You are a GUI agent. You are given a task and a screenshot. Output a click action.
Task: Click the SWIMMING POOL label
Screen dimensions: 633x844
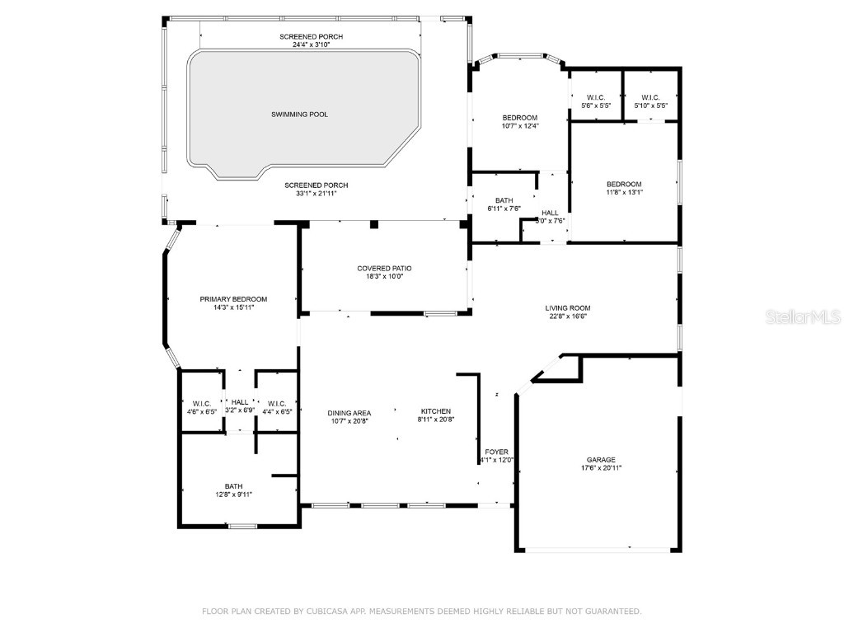tap(299, 114)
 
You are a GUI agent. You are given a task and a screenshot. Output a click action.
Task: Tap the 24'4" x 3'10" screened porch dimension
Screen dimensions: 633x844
tap(311, 45)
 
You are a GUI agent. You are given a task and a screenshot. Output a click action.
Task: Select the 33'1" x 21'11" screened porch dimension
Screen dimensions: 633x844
tap(316, 193)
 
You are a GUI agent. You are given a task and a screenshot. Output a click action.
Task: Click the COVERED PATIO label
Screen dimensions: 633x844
tap(384, 268)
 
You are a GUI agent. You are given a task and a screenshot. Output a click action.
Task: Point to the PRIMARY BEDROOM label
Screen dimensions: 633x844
tap(233, 298)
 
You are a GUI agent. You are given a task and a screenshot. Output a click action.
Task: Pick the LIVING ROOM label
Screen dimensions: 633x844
tap(568, 308)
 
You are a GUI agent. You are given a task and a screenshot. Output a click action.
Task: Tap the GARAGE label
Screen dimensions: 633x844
tap(601, 460)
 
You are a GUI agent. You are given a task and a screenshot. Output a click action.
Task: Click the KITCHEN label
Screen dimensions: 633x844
tap(436, 411)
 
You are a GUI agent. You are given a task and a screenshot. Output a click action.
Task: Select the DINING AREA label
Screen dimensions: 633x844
tap(349, 412)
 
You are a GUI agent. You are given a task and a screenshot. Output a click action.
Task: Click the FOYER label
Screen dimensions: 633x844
tap(496, 452)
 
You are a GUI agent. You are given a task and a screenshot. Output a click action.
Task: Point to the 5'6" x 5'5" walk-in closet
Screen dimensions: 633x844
tap(596, 101)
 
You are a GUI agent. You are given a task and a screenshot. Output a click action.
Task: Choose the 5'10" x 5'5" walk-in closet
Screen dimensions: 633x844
tap(650, 101)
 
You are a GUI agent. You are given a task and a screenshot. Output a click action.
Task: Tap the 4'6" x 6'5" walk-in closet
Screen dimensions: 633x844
tap(200, 406)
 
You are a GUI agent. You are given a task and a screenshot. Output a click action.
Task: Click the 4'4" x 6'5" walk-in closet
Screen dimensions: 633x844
tap(277, 406)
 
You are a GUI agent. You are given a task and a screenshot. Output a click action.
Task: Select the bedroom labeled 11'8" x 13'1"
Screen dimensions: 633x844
tap(624, 188)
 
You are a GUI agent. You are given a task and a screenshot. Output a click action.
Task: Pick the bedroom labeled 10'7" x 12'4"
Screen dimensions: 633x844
tap(520, 121)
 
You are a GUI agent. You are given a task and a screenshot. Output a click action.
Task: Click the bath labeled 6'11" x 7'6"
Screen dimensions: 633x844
tap(504, 204)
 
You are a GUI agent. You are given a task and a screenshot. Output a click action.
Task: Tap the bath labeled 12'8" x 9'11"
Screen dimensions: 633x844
tap(234, 490)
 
